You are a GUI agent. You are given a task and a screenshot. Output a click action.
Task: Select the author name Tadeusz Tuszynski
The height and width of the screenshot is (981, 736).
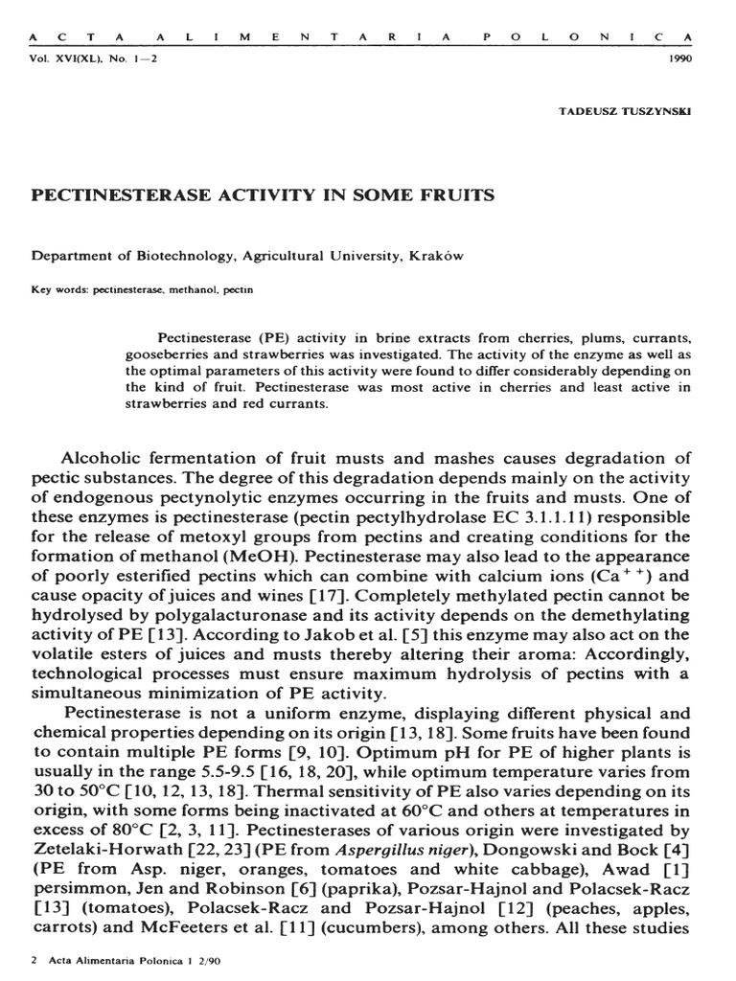pyautogui.click(x=624, y=110)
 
